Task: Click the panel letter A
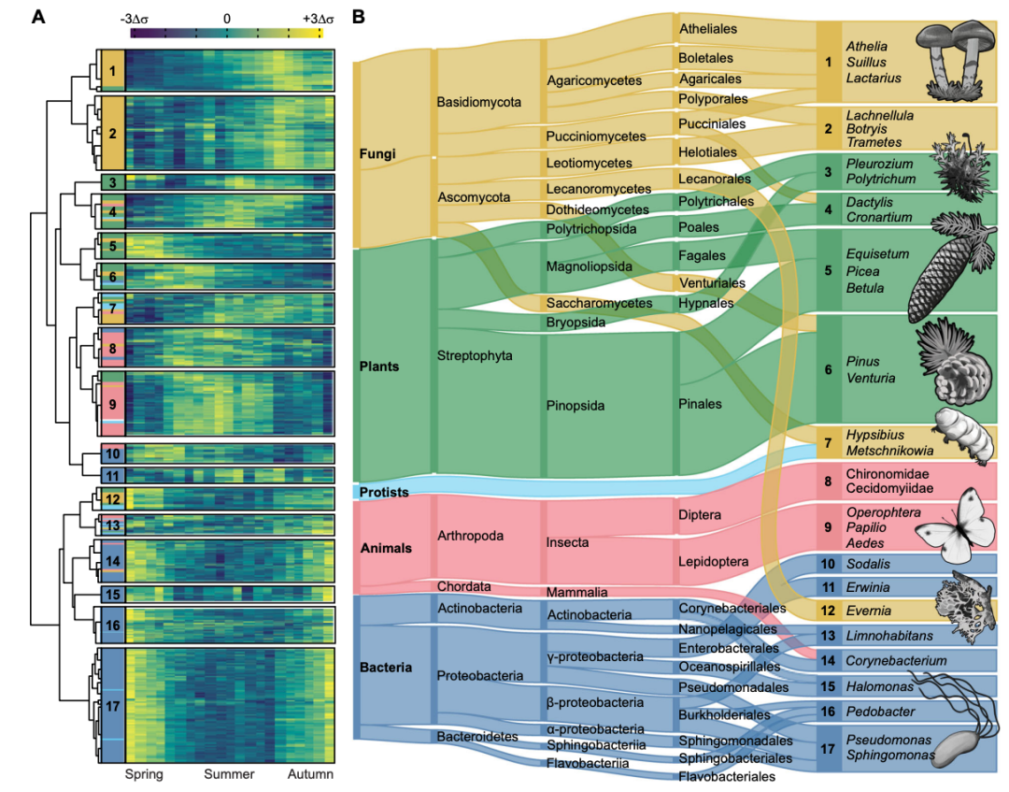point(38,17)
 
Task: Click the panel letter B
point(359,17)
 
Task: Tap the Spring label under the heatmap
point(144,774)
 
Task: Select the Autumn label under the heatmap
point(310,774)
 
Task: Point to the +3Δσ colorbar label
point(318,19)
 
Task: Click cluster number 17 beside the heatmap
point(113,706)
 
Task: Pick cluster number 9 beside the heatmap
point(113,404)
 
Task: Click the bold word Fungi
point(377,154)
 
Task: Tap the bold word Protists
point(384,492)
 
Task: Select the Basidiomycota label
point(478,102)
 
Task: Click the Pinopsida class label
point(576,406)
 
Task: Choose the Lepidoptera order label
point(713,561)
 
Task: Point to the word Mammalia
point(576,592)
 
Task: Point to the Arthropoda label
point(470,536)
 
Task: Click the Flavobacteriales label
point(727,776)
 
